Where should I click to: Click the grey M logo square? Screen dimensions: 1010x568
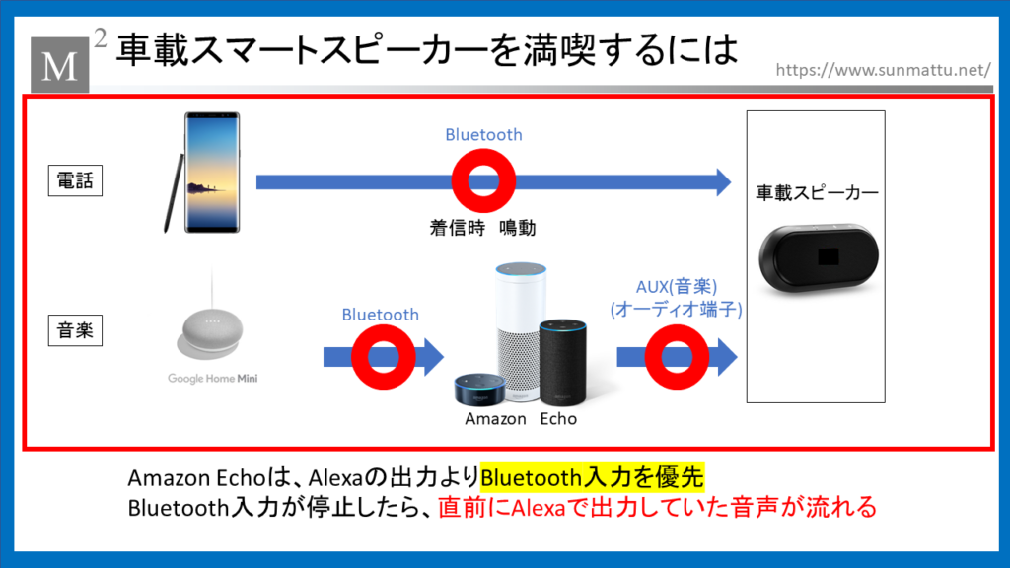pos(60,64)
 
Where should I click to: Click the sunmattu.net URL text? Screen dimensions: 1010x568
pos(883,70)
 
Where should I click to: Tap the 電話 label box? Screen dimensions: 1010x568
pos(75,180)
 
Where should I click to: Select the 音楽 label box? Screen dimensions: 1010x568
pos(75,330)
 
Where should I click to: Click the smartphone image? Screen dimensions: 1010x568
pos(212,173)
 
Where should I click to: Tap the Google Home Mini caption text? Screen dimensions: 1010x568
pos(213,378)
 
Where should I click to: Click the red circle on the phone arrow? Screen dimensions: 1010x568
pos(483,181)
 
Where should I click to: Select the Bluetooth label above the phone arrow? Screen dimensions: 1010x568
pos(483,134)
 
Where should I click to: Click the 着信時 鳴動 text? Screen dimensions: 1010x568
pos(482,228)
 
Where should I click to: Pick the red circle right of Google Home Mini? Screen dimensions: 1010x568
pos(384,357)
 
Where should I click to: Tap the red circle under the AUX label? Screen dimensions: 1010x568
pos(677,357)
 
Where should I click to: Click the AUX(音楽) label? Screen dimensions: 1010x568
pos(677,287)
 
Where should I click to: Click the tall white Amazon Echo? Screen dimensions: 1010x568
pos(521,329)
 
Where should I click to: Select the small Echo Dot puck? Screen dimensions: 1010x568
pos(480,389)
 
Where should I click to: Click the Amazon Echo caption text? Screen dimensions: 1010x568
pos(521,418)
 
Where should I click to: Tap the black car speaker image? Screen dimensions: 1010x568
pos(818,258)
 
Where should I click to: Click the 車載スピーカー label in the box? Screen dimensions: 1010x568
pos(817,192)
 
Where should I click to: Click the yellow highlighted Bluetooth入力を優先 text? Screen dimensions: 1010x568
pos(592,477)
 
